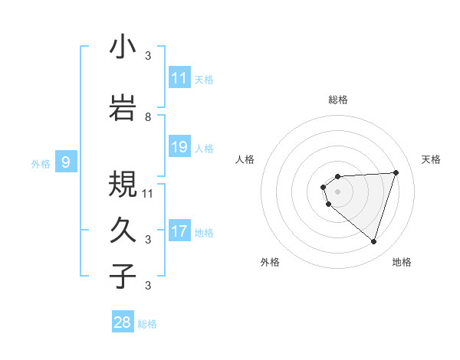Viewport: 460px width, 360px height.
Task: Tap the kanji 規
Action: click(x=123, y=184)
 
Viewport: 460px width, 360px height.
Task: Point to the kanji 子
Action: click(x=123, y=276)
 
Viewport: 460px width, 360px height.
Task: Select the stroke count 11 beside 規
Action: click(x=149, y=193)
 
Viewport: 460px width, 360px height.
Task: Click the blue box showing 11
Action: click(x=179, y=77)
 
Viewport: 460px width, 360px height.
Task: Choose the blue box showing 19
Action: click(x=179, y=146)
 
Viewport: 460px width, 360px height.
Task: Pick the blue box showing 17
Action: click(x=179, y=231)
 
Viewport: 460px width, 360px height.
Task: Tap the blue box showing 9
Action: click(x=66, y=162)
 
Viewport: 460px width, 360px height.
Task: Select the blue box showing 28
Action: click(x=123, y=322)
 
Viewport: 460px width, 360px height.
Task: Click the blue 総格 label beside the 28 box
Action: click(x=147, y=324)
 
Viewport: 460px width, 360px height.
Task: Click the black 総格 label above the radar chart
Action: click(x=337, y=100)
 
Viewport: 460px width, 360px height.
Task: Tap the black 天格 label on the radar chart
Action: click(x=431, y=159)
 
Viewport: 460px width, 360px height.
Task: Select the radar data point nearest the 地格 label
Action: click(x=373, y=242)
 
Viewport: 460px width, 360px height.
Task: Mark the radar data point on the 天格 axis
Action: click(x=396, y=172)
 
